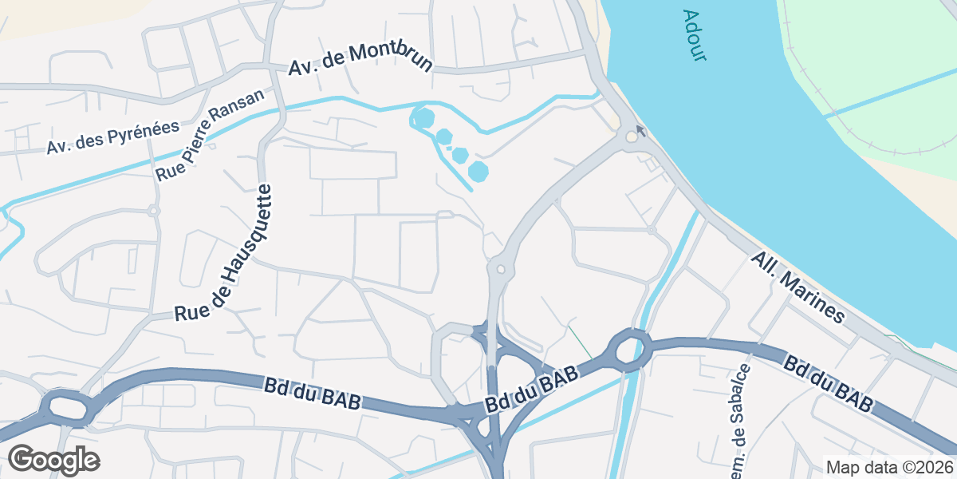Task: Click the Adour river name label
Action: [695, 36]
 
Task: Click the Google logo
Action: [53, 460]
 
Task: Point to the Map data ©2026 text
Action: [888, 467]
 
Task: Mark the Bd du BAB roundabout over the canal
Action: [630, 350]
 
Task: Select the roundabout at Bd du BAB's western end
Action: [65, 406]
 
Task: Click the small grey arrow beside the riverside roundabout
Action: [640, 129]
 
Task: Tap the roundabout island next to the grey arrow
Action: [632, 137]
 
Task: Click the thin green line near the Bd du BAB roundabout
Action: [581, 341]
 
